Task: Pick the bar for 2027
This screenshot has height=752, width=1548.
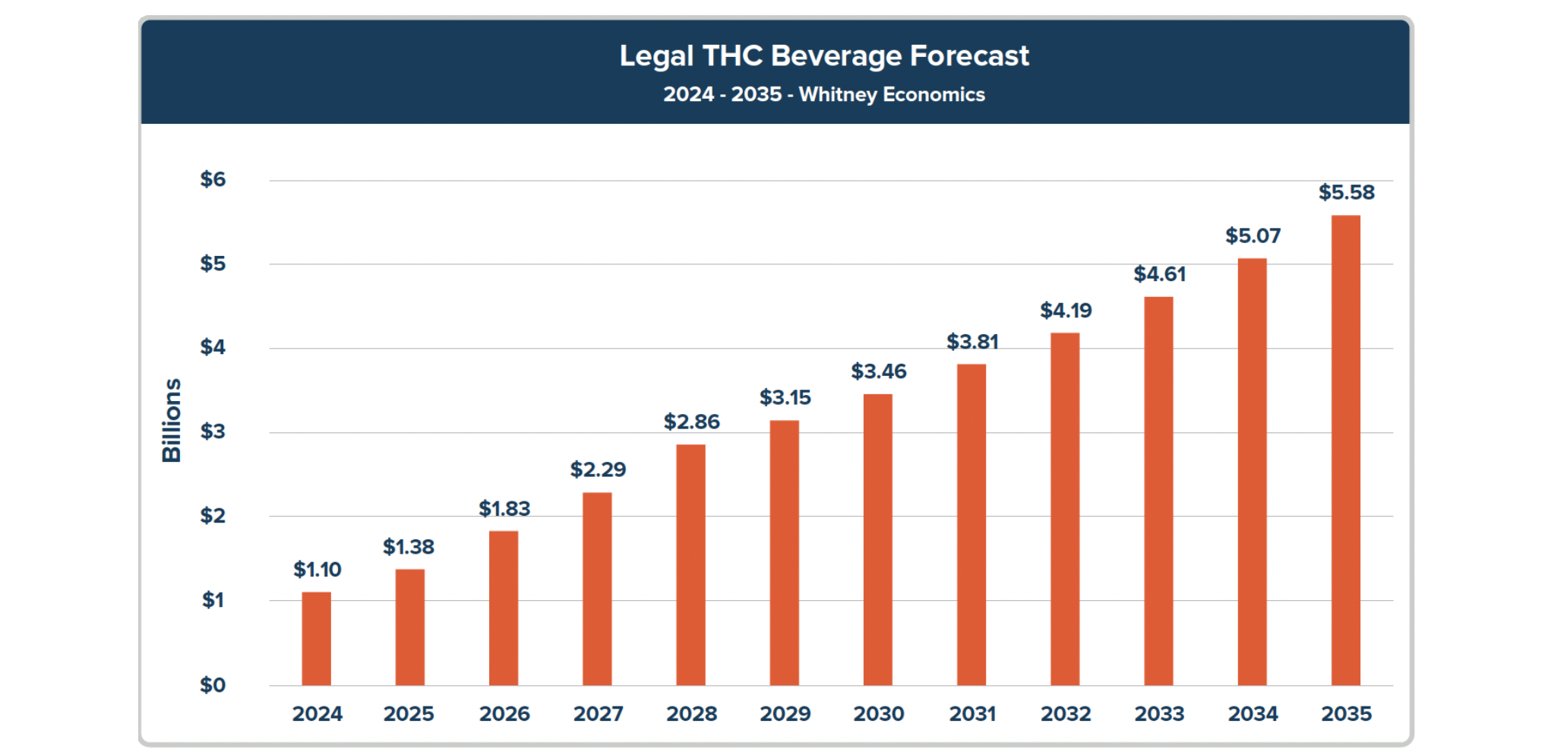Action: coord(597,589)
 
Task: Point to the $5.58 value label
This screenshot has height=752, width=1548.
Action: coord(1346,192)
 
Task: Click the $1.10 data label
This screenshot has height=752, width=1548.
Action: coord(317,569)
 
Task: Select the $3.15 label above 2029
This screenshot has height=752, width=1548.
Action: coord(785,397)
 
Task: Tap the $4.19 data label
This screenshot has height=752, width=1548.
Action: coord(1066,310)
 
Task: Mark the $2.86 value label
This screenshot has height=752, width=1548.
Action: coord(691,422)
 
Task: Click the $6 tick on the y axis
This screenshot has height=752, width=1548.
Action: coord(213,179)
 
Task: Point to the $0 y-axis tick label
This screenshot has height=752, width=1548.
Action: coord(213,685)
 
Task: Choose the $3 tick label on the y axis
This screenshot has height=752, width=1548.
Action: coord(213,431)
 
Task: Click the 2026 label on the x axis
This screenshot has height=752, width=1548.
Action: coord(504,714)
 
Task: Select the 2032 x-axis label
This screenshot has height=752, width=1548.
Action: coord(1066,714)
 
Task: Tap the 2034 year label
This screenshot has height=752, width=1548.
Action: coord(1253,714)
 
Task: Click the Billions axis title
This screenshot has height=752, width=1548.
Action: coord(172,420)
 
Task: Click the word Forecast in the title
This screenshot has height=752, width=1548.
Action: coord(969,55)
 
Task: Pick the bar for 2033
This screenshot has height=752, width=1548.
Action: coord(1158,491)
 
